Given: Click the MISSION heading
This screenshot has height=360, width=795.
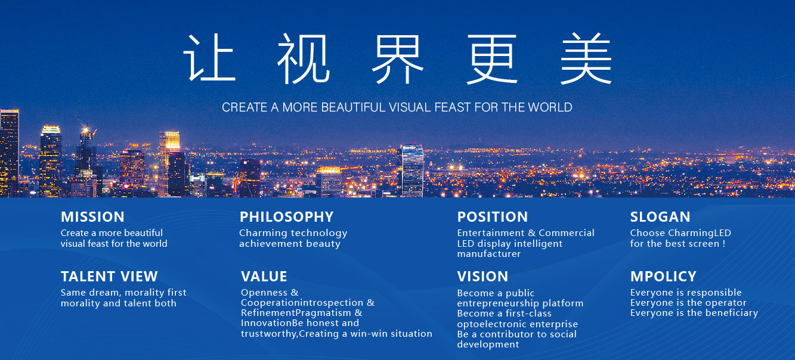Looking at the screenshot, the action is point(92,217).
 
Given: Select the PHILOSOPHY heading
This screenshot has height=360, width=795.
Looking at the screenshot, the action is point(286,217).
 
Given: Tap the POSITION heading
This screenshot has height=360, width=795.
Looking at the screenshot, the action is point(492,217).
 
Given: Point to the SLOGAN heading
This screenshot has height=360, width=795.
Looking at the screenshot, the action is point(660,217).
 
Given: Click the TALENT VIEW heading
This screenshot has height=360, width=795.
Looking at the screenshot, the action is point(109,277).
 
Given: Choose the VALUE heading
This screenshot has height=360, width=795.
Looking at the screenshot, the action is point(264,277).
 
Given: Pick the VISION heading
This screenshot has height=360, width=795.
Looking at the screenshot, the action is point(482,277).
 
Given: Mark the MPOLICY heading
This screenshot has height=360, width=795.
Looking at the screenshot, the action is point(663,277).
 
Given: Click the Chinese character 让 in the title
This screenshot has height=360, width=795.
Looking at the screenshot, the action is point(209,58).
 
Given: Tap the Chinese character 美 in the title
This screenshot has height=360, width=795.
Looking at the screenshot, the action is point(586,58).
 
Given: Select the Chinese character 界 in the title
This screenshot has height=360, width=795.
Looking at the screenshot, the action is point(397,59).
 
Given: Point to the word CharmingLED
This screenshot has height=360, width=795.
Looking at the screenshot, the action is point(700,233).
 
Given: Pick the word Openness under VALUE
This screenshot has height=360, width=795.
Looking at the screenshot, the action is point(264,293).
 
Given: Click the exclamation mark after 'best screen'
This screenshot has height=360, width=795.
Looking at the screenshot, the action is point(723,244).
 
